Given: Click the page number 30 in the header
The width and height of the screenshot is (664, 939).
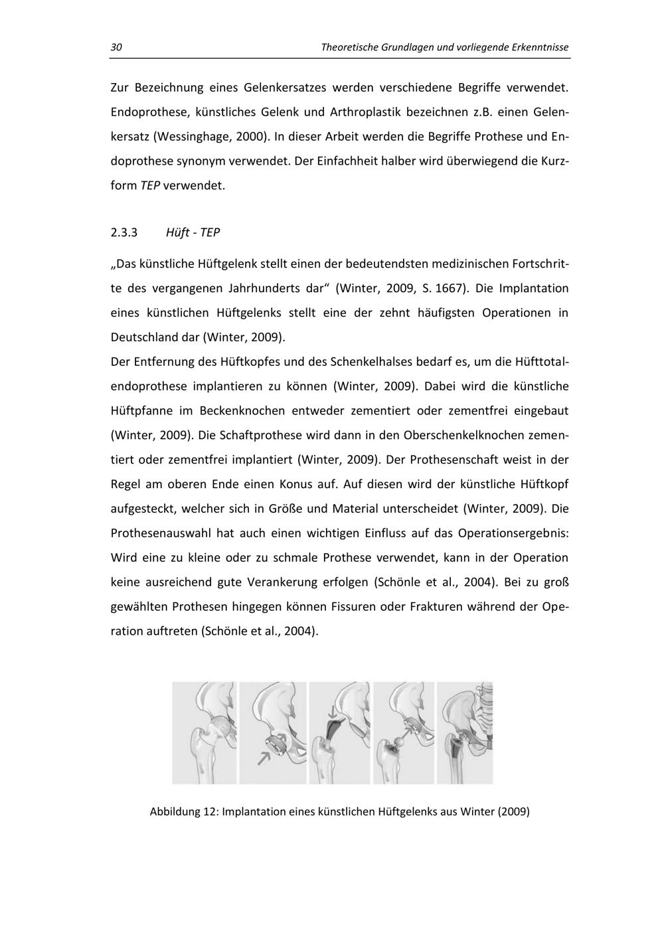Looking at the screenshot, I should (116, 48).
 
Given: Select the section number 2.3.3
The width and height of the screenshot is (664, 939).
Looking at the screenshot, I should (124, 233).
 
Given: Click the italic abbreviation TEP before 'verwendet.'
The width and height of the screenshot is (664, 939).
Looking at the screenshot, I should (150, 186).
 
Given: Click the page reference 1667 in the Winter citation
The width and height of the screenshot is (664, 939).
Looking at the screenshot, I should (451, 289).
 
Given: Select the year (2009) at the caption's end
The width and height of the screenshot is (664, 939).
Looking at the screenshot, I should (513, 811).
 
